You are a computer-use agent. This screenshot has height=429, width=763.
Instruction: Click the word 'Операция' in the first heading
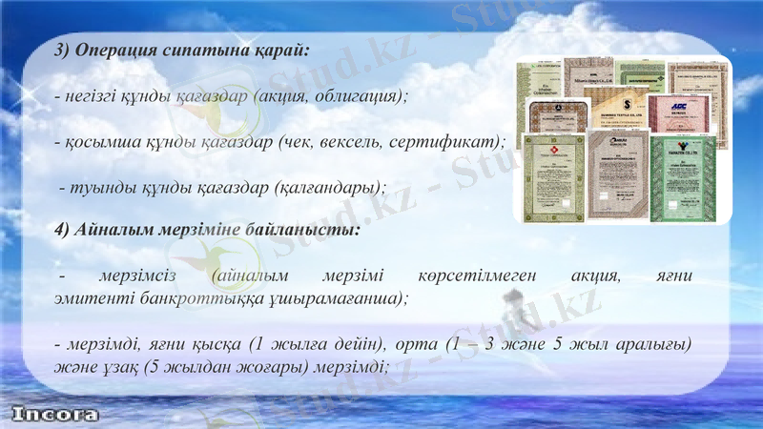click(x=117, y=51)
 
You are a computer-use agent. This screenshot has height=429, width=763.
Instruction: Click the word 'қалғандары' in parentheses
click(x=324, y=187)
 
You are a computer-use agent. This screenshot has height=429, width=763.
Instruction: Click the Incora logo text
click(x=55, y=416)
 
